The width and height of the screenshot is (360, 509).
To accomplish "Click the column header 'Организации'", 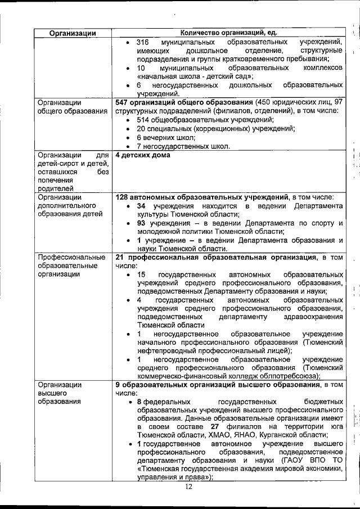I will [72, 33].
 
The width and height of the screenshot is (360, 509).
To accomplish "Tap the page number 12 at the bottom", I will [188, 487].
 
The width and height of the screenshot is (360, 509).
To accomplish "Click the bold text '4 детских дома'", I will [142, 155].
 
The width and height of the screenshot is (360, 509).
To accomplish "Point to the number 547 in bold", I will [123, 102].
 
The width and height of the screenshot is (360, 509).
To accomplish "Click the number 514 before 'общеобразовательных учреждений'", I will [143, 120].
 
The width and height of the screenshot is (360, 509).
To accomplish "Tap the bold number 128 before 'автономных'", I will [123, 197].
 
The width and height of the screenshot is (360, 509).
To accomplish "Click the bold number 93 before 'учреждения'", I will [142, 223].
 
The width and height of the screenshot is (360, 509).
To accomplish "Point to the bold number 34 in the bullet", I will [142, 206].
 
